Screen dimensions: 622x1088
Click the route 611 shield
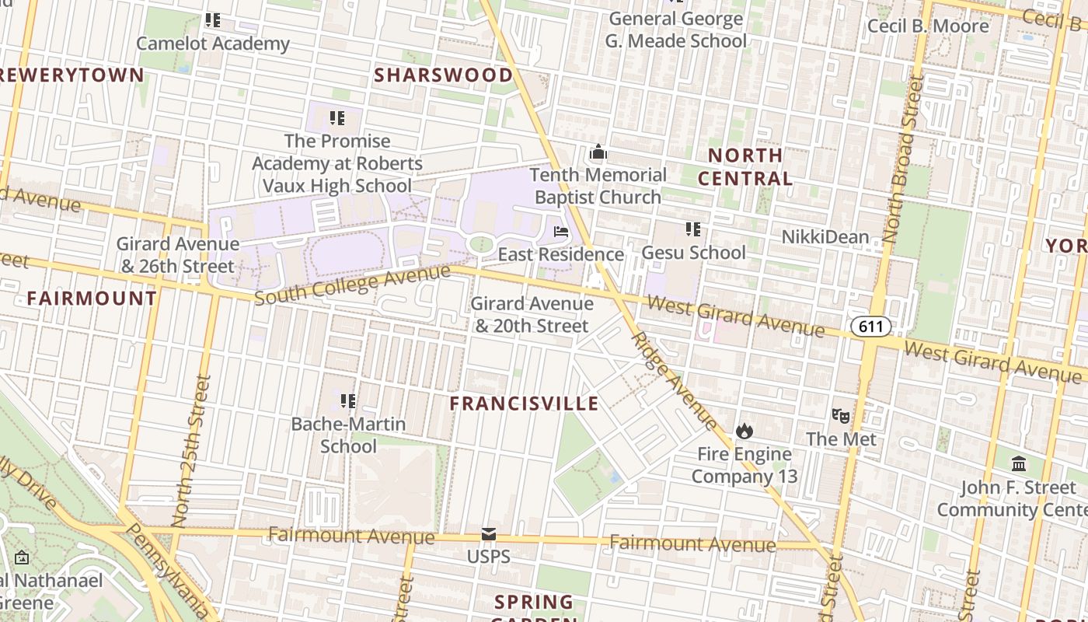click(x=870, y=327)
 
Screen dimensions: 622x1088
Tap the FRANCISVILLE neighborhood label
click(x=525, y=404)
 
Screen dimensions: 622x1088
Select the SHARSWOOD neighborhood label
click(x=444, y=75)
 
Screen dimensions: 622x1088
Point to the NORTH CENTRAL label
click(x=745, y=166)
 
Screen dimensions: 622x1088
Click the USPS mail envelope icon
click(x=489, y=534)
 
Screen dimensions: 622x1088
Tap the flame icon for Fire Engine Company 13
click(x=745, y=431)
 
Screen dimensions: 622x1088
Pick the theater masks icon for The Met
click(x=840, y=416)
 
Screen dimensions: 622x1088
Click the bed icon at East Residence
click(x=561, y=232)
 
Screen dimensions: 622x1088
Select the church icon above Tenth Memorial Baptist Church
click(x=598, y=152)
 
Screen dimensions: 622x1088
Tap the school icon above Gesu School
click(x=693, y=229)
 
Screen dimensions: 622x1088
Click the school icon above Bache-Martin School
click(x=348, y=401)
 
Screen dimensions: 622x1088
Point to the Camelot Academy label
click(x=213, y=44)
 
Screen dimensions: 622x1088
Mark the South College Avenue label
click(x=352, y=285)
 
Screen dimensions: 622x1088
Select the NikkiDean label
click(x=825, y=237)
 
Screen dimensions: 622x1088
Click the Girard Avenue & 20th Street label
click(x=532, y=315)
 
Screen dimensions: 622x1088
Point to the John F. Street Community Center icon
click(x=1019, y=465)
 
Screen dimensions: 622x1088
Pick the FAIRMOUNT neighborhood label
click(x=92, y=299)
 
